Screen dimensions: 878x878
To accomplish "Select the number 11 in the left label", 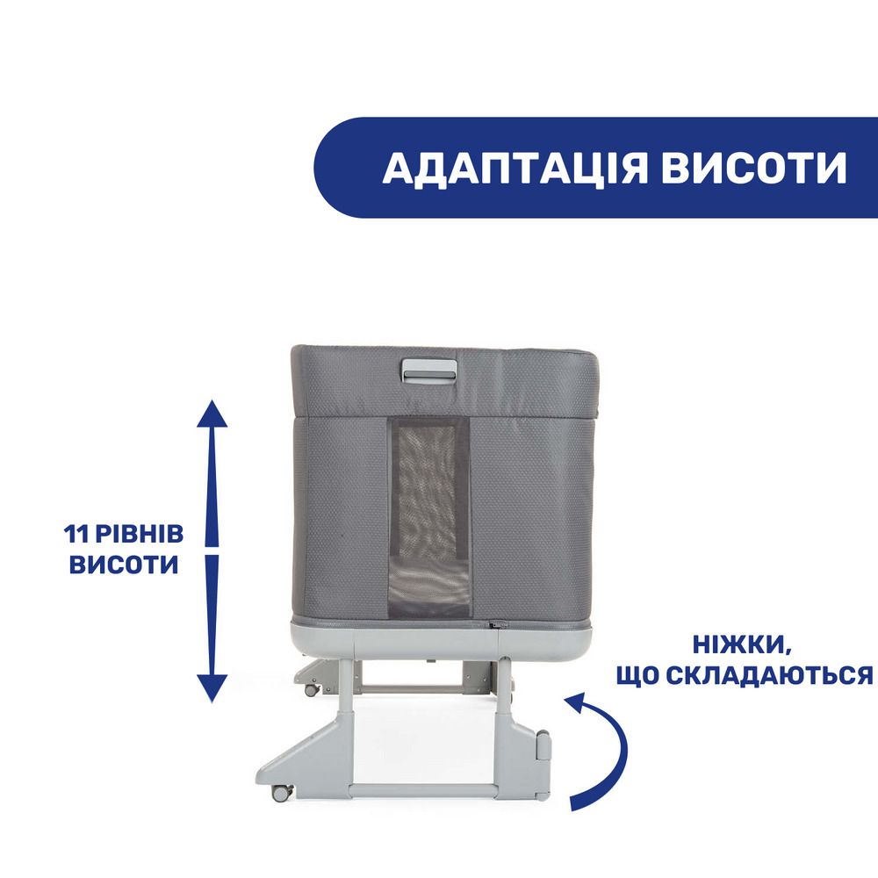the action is tap(76, 534).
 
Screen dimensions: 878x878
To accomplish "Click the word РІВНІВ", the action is tap(139, 534).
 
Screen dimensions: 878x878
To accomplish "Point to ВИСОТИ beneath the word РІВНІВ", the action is tap(123, 565).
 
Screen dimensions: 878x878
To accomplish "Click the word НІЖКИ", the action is tap(742, 645).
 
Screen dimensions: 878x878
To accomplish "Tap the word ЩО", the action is tap(637, 676).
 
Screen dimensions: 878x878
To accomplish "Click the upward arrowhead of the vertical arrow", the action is tap(212, 414).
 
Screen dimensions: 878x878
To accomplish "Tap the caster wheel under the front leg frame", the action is tap(281, 792).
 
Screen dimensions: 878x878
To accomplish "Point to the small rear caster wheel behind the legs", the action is tap(312, 690).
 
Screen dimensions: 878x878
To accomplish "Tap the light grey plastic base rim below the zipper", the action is tap(443, 638).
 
